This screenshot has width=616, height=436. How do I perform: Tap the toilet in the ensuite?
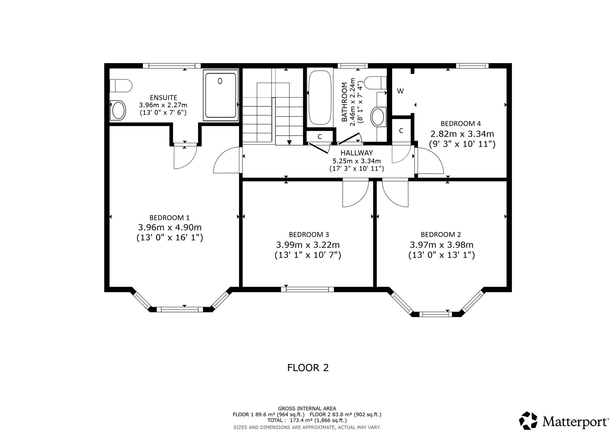[121, 85]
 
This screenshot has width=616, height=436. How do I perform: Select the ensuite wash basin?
[118, 110]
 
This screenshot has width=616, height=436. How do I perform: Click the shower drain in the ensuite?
[220, 81]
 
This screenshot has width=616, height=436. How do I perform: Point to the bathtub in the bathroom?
[320, 97]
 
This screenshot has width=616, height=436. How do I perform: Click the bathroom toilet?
[375, 82]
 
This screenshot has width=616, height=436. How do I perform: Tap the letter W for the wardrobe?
[400, 91]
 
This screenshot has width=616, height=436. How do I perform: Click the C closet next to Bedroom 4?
[401, 131]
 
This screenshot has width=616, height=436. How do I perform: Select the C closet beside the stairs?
[320, 137]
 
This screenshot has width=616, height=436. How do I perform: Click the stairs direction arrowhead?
[289, 142]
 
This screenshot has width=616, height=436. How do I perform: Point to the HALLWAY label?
[357, 153]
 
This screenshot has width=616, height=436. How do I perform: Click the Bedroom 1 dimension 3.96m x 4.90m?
[170, 228]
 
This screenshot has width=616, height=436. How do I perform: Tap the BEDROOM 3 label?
[309, 235]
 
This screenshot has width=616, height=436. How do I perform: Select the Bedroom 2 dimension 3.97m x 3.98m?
[441, 245]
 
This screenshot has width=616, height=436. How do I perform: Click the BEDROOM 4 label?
[461, 124]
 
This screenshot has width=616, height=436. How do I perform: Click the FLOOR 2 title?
[308, 368]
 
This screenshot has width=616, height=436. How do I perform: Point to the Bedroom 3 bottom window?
[307, 289]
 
